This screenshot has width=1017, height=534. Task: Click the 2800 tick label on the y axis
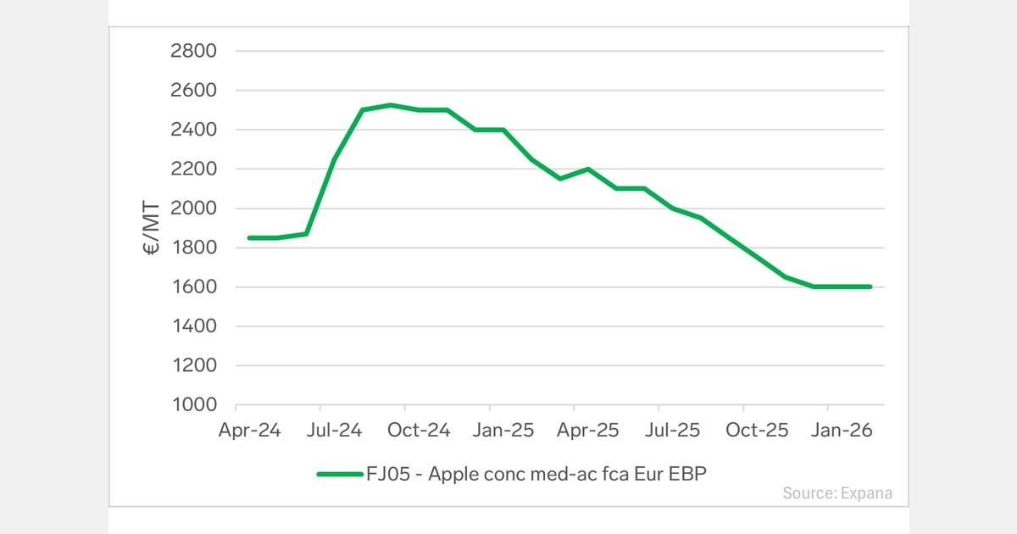(194, 51)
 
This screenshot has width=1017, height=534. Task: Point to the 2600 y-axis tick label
(194, 91)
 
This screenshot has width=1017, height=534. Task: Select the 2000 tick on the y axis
(194, 209)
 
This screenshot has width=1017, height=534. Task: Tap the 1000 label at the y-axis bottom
(194, 405)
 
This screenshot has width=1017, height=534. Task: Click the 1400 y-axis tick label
(194, 326)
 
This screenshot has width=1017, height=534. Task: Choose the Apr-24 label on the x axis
(249, 431)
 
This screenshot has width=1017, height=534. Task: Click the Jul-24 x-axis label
(334, 431)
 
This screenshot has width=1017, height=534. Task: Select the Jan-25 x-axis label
(504, 431)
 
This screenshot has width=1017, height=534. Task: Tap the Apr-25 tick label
(588, 431)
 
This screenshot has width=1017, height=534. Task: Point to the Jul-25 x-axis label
(672, 431)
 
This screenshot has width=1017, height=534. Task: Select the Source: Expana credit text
(837, 492)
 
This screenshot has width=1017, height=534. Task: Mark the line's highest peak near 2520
(390, 105)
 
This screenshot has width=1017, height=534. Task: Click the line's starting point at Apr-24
(249, 238)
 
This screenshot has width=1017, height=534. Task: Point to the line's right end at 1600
(870, 286)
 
